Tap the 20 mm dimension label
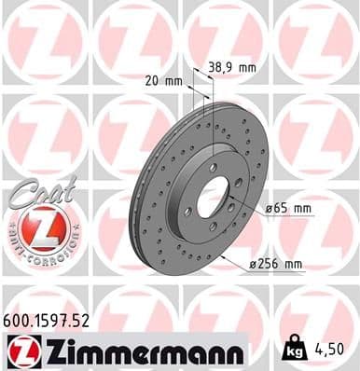point(165,80)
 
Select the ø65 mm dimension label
point(288,208)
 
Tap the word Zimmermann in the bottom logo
point(139,352)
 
